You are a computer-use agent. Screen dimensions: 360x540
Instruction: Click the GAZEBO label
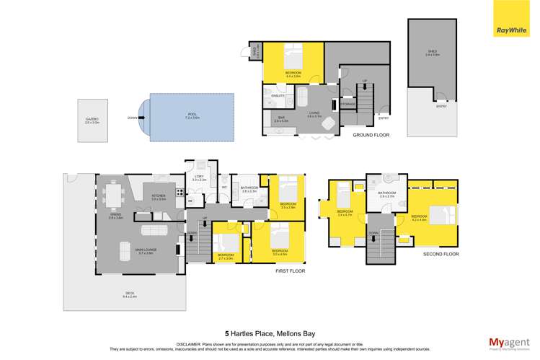[93, 120]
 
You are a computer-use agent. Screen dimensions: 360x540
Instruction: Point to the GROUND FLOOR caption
[371, 135]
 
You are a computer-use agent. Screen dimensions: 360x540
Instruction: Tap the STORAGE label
[348, 105]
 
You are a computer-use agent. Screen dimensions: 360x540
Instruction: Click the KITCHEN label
[159, 196]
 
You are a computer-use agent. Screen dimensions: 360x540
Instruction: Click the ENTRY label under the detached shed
[441, 106]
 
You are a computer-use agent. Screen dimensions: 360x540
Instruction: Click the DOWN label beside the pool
[131, 117]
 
